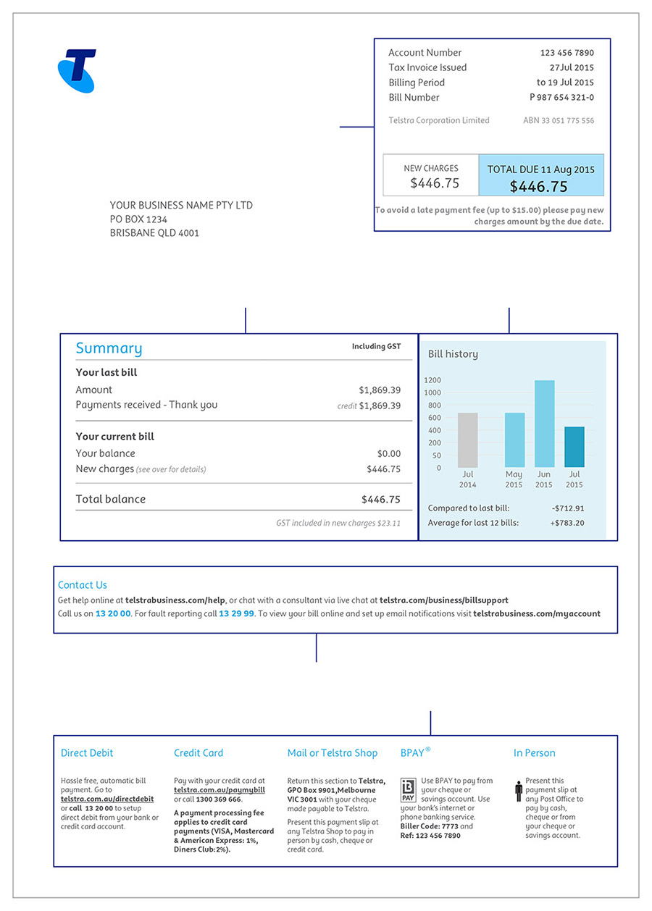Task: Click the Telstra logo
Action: click(77, 71)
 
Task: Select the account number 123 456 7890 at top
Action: click(567, 53)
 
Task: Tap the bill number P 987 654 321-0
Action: click(561, 98)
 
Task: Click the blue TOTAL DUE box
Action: click(540, 175)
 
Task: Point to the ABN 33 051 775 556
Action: click(559, 121)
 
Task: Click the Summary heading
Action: click(109, 348)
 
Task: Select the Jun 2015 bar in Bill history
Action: click(544, 424)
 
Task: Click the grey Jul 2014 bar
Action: click(468, 440)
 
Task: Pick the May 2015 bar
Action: click(514, 440)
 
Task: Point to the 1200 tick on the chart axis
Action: click(432, 380)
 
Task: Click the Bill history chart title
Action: click(453, 354)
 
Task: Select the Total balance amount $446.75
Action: click(380, 500)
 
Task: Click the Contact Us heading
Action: click(82, 585)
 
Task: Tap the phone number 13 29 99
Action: click(236, 613)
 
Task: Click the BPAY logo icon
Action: click(408, 790)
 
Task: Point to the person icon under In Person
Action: click(519, 791)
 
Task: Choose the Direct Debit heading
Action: click(87, 753)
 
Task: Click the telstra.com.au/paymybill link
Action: click(220, 790)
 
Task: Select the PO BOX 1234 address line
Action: click(138, 219)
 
